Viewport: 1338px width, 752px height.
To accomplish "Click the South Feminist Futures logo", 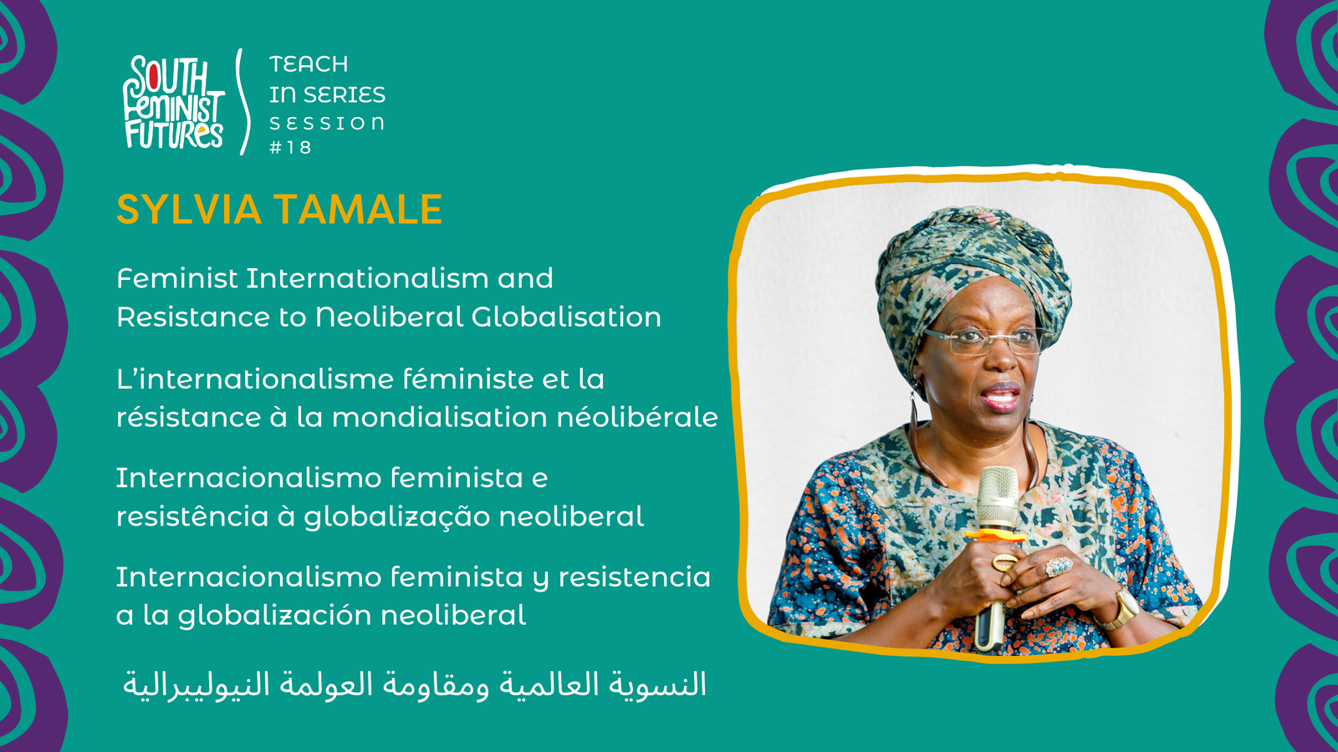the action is point(174,101).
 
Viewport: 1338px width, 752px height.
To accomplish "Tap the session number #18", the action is point(290,147).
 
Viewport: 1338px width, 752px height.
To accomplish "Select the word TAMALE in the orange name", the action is point(359,210).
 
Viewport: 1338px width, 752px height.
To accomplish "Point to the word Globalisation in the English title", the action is point(566,317).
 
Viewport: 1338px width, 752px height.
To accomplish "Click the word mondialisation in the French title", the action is point(440,417).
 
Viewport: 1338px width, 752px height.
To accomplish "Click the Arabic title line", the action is point(415,684).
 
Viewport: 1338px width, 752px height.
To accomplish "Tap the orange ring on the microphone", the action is point(994,535).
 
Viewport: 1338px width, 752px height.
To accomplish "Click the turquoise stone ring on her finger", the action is point(1059,566).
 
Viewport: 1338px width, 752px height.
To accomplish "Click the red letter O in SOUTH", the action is point(154,76).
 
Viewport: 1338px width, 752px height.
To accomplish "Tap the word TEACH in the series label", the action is point(309,64).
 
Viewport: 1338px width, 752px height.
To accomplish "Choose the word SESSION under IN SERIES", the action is point(327,124).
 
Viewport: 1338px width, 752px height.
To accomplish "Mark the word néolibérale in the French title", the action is point(636,416).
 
